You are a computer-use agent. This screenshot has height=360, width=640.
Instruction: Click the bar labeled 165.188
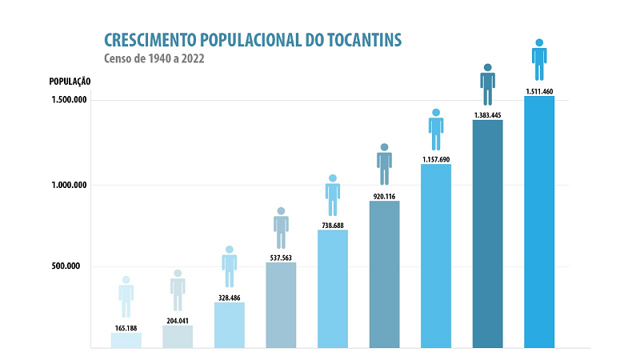pos(126,340)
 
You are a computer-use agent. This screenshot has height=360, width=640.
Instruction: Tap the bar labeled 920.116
pos(384,274)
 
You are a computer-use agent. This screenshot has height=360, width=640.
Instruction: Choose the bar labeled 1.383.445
pos(487,234)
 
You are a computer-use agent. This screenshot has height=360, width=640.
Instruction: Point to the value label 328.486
pos(230,296)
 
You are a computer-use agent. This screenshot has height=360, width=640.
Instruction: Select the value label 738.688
pos(333,226)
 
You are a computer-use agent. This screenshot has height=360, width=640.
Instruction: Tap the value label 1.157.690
pos(436,159)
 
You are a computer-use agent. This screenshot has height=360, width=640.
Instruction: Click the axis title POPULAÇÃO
pos(69,82)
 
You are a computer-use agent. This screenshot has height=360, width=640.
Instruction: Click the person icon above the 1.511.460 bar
pos(539,60)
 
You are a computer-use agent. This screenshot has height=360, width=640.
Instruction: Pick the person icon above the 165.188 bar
pos(126,297)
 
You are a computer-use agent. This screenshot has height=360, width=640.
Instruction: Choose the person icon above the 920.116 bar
pos(384,165)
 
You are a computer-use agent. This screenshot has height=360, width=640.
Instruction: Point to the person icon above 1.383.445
pos(487,85)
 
